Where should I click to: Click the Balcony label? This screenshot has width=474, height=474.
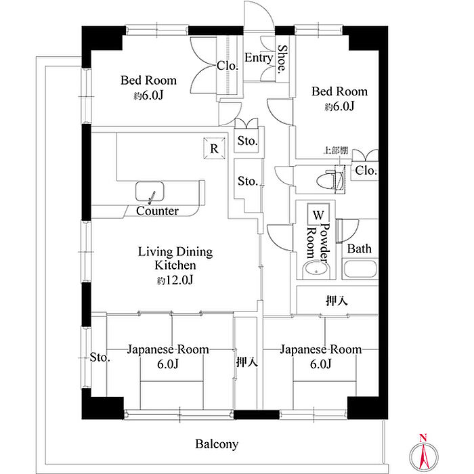[x=217, y=444]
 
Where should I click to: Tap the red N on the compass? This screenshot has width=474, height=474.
[x=423, y=437]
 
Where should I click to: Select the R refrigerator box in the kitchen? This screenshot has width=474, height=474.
[x=214, y=148]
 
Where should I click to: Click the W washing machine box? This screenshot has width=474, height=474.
[x=318, y=215]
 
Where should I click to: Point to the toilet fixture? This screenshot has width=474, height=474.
[x=330, y=181]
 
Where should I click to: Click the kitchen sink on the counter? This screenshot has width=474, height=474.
[x=150, y=192]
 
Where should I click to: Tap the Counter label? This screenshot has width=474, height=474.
[x=157, y=211]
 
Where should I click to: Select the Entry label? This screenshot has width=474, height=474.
[x=259, y=58]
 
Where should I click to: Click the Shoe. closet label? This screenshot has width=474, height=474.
[x=282, y=60]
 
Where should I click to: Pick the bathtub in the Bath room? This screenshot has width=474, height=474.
[x=360, y=269]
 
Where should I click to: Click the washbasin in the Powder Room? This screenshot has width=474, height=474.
[x=316, y=269]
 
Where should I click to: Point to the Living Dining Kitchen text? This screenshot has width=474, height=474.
[x=175, y=259]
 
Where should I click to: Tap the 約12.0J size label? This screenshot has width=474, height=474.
[x=175, y=280]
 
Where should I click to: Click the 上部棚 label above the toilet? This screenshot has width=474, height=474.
[x=336, y=150]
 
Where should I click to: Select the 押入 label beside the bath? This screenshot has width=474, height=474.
[x=337, y=301]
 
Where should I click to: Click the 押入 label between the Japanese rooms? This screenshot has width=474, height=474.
[x=247, y=362]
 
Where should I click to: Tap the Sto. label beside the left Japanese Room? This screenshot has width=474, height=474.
[x=100, y=358]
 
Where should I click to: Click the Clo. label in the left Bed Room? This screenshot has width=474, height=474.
[x=228, y=66]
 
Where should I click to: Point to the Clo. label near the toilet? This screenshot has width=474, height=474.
[x=366, y=171]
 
